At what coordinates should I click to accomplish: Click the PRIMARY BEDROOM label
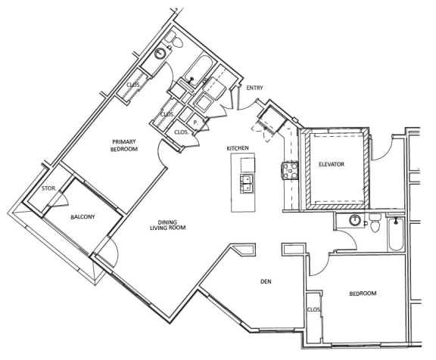124,145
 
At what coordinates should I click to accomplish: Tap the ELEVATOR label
331,163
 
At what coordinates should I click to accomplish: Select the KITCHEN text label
238,148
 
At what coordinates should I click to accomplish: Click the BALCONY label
83,217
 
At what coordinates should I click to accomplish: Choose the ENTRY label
254,88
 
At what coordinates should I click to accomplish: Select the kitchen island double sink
247,182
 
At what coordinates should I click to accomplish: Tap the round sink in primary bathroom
160,54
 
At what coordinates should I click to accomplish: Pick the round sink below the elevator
353,222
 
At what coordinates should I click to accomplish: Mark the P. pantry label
195,121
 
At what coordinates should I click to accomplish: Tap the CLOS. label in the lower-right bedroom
313,309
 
